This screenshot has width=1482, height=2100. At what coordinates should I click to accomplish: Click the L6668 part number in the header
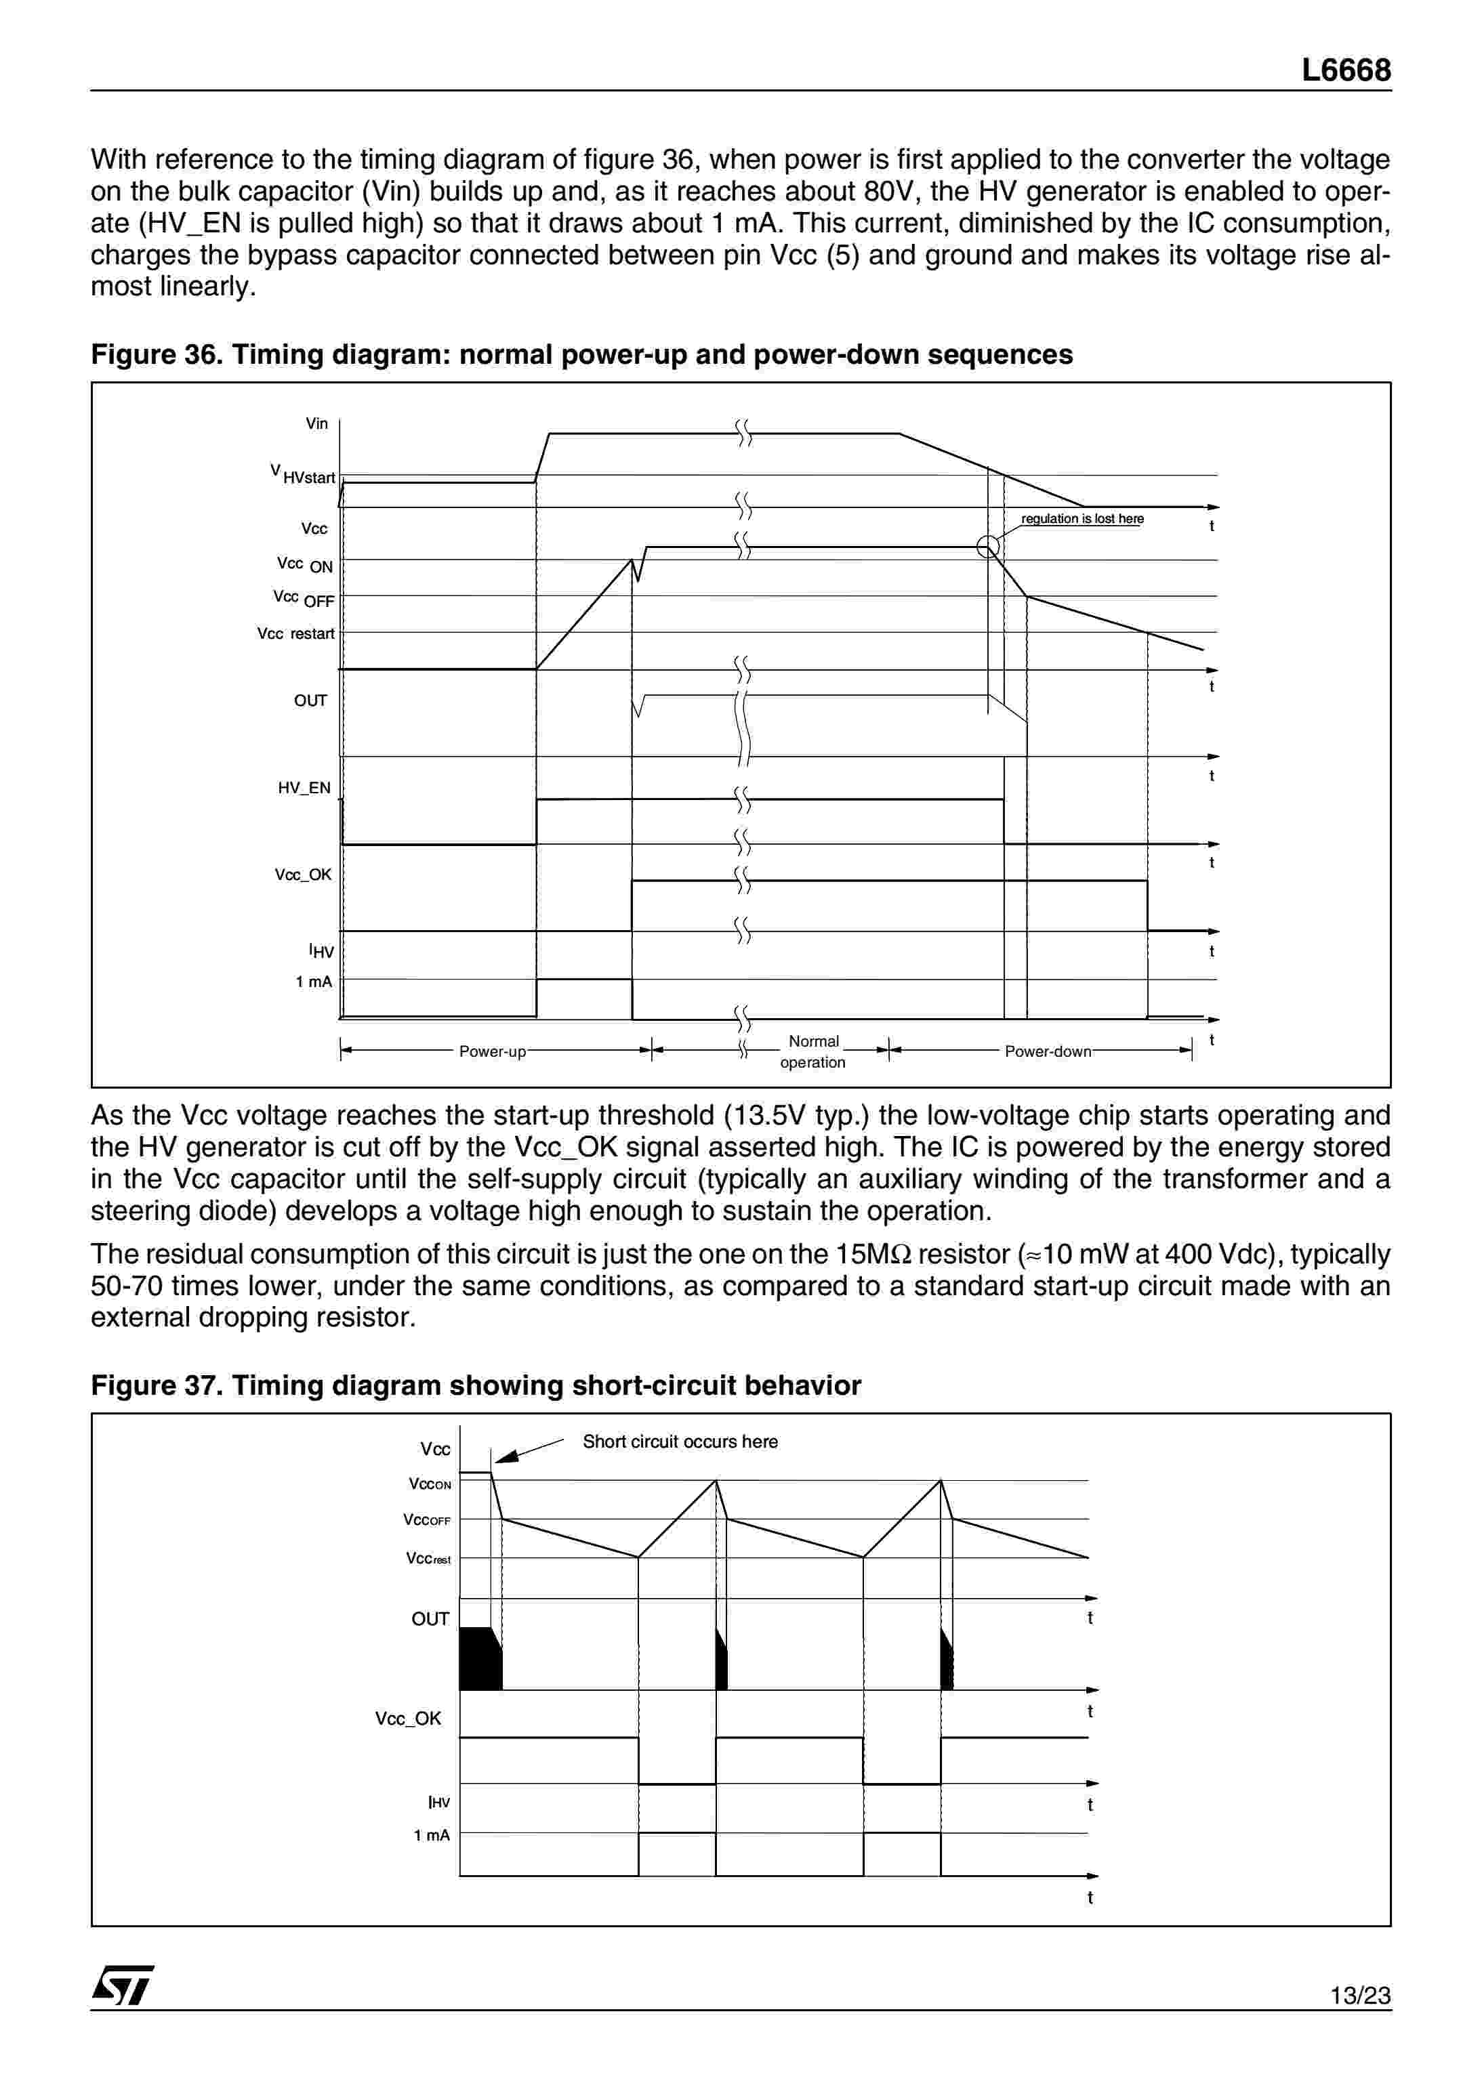(1346, 70)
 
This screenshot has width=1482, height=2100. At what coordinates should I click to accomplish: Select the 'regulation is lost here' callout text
(1082, 519)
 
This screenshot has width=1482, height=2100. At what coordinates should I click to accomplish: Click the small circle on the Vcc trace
(988, 547)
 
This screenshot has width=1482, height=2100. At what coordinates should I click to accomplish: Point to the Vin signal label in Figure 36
(316, 423)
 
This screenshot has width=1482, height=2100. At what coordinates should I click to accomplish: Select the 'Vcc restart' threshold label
(295, 634)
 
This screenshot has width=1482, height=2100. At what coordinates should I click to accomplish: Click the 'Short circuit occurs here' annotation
(680, 1442)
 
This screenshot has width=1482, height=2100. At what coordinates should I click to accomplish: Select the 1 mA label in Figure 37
(432, 1836)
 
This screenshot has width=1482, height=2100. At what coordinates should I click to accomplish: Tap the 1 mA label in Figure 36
(314, 982)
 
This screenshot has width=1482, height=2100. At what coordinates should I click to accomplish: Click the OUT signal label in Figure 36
(310, 700)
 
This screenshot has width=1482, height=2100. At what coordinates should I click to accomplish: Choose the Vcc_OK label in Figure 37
(408, 1719)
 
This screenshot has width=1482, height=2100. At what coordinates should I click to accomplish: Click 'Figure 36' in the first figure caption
(152, 355)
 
